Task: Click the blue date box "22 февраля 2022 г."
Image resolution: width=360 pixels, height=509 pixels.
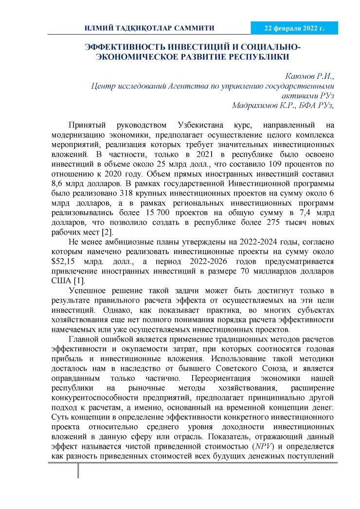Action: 294,29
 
